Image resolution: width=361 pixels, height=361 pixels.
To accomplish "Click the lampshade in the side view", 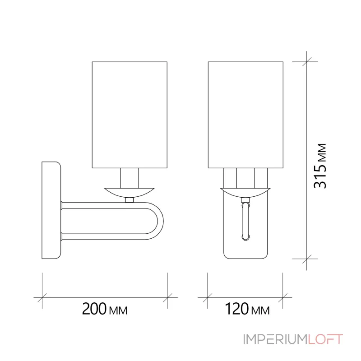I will click(x=130, y=115).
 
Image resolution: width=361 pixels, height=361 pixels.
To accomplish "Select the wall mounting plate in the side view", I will click(x=51, y=210).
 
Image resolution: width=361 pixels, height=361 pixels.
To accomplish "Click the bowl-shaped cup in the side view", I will click(x=130, y=191).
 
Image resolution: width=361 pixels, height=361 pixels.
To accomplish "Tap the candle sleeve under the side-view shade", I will click(x=130, y=178).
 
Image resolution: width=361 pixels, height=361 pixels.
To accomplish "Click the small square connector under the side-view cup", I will click(x=130, y=199).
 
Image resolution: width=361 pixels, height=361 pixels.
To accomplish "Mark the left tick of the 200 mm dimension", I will click(x=42, y=297).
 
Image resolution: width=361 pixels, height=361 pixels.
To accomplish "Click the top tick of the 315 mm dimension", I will click(x=306, y=61).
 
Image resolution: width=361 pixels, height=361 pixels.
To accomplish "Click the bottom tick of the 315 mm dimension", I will click(x=306, y=259).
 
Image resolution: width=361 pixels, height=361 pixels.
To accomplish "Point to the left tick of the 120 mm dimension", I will click(x=207, y=297).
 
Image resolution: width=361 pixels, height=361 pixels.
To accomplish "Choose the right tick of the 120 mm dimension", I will click(x=283, y=297).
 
